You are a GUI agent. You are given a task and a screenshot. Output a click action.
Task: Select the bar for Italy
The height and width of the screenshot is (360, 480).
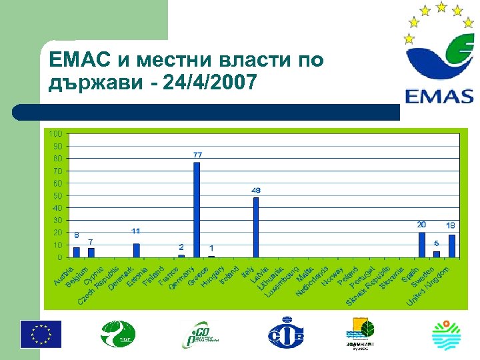pyautogui.click(x=256, y=227)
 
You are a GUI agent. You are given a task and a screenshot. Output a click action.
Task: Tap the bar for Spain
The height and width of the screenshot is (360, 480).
pyautogui.click(x=421, y=244)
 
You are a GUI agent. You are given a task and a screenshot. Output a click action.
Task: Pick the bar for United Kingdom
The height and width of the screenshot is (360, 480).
pyautogui.click(x=452, y=245)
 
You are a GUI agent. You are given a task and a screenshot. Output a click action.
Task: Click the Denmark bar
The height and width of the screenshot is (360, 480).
pyautogui.click(x=137, y=250)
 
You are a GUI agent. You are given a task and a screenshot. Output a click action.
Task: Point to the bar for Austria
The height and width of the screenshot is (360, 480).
pyautogui.click(x=77, y=252)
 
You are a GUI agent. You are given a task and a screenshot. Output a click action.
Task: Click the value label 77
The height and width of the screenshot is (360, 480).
pyautogui.click(x=198, y=155)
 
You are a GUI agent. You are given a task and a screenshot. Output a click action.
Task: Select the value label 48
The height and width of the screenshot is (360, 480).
pyautogui.click(x=256, y=190)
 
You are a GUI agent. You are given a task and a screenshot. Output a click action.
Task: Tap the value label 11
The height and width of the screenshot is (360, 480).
pyautogui.click(x=136, y=231)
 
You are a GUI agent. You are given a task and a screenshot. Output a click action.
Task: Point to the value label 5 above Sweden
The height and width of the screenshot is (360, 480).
pyautogui.click(x=437, y=243)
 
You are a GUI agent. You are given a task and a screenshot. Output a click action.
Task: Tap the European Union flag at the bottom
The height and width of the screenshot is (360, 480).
pyautogui.click(x=41, y=333)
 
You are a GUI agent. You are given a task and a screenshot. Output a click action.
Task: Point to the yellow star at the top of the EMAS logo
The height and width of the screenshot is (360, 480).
pyautogui.click(x=441, y=7)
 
